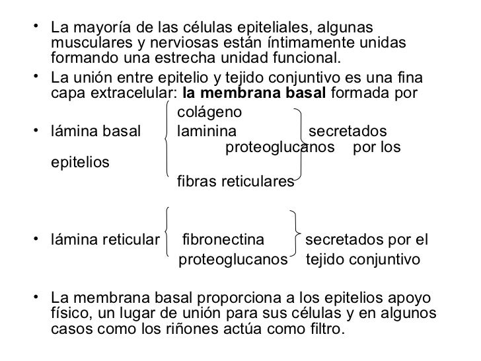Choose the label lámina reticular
coord(104,239)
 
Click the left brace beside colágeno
coord(169,139)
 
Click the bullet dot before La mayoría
coord(40,27)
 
